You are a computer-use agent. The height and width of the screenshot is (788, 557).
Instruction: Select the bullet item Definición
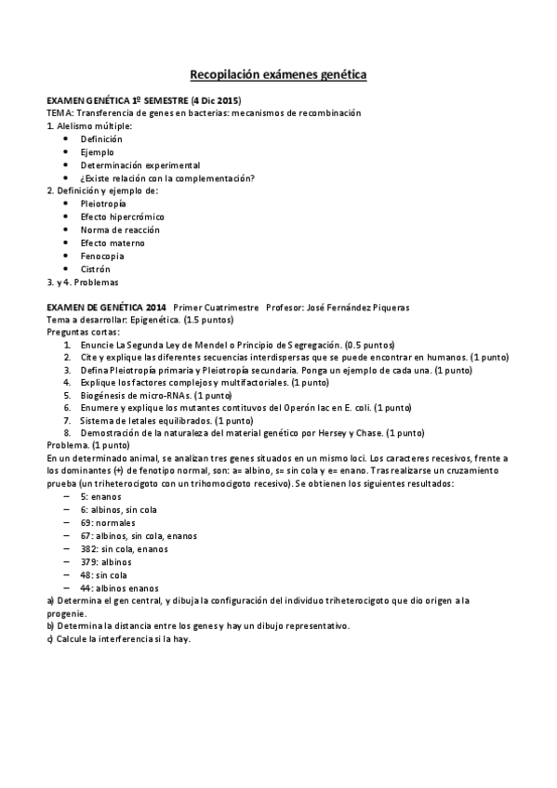[x=100, y=138]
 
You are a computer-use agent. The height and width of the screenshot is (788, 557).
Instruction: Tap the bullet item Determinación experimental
[x=126, y=164]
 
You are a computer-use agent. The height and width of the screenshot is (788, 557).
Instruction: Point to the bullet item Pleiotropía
[x=103, y=203]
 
